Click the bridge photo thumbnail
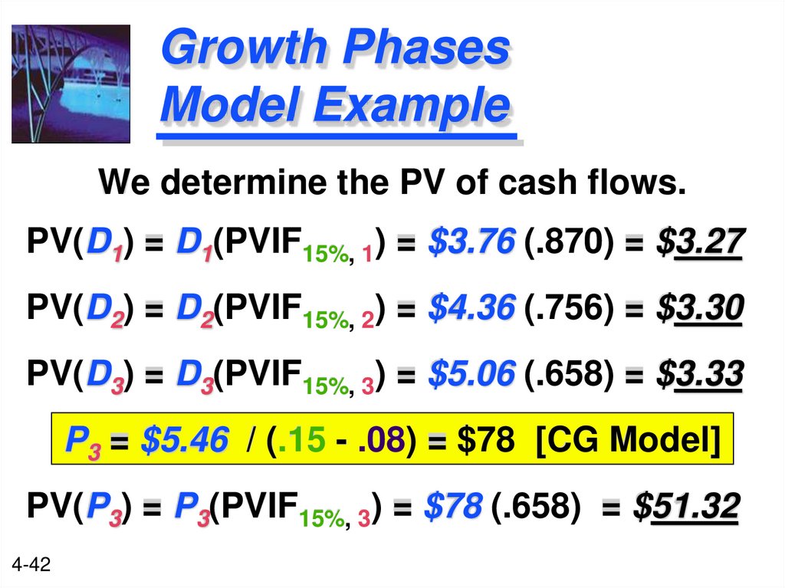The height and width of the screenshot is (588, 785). tap(71, 84)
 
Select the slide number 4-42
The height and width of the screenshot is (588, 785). tap(31, 566)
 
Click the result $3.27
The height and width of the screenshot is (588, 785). tap(699, 244)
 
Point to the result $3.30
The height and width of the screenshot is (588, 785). tap(699, 309)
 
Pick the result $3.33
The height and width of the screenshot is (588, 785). tap(699, 375)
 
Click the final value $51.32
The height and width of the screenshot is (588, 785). tap(687, 506)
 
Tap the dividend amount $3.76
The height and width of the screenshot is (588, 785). tap(471, 244)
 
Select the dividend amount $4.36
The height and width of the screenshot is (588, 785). tap(471, 309)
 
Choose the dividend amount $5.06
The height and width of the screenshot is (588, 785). tap(471, 375)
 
